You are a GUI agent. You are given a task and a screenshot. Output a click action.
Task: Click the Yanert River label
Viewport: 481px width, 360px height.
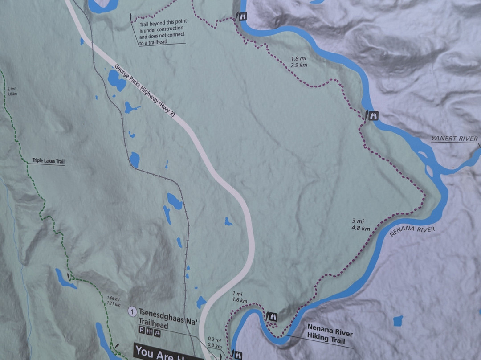click(x=454, y=139)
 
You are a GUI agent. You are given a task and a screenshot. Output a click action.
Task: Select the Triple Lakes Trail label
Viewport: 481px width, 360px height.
click(x=49, y=161)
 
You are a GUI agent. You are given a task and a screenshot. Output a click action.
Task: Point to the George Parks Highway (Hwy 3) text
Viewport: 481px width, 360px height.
click(x=145, y=91)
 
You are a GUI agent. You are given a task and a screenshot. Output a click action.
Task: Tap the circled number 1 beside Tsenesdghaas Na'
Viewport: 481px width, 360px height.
click(x=132, y=311)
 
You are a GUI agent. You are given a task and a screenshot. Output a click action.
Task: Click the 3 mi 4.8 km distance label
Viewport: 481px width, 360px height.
click(x=361, y=225)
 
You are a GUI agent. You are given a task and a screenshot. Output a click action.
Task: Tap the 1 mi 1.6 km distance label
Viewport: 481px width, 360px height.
click(x=238, y=296)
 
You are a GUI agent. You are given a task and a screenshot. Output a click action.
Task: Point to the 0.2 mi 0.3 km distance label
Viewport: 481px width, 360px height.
click(x=214, y=342)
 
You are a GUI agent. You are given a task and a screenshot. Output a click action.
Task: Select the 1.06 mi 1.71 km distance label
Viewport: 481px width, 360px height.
click(x=114, y=301)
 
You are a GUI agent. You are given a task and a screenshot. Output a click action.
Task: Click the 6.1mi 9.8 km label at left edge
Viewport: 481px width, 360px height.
click(x=12, y=91)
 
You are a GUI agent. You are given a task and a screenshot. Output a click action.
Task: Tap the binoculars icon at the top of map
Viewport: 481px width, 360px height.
click(x=243, y=16)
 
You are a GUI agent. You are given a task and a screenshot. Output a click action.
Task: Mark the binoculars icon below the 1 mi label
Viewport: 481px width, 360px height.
click(x=273, y=317)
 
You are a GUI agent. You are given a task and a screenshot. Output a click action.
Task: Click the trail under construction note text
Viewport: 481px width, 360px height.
click(x=162, y=32)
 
